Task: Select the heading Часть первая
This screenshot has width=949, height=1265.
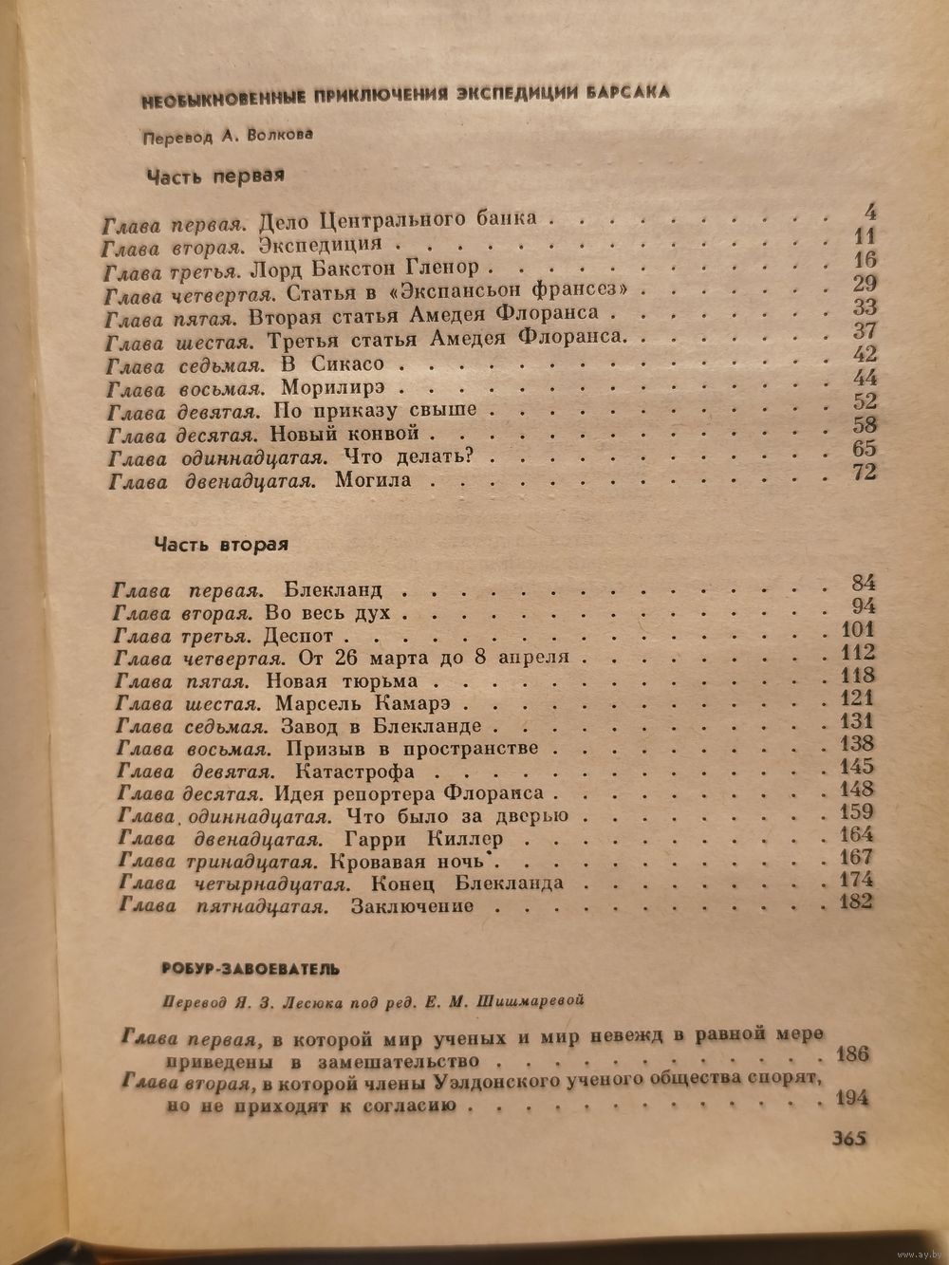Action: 215,176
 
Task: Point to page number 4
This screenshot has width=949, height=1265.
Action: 870,212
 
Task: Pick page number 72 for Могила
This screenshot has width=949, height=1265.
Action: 864,472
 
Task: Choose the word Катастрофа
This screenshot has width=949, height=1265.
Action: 356,771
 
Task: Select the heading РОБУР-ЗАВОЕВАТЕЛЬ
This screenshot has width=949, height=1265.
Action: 244,970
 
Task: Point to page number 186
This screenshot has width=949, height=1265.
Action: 852,1054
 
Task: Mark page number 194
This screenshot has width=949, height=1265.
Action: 852,1099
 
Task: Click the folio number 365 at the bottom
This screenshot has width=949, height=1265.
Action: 849,1139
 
